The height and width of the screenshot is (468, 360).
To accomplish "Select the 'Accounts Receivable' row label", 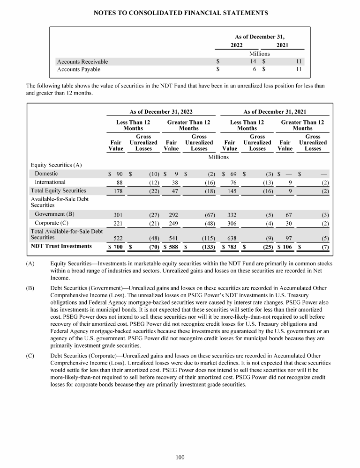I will point(82,62).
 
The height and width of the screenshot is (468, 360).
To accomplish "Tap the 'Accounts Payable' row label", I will point(78,70).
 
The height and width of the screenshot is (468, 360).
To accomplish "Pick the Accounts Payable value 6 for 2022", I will point(254,70).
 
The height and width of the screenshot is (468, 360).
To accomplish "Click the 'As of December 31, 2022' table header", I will point(161,112).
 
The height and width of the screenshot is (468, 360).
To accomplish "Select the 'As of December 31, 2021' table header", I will point(275,112).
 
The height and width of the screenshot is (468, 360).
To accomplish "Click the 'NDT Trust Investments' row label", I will point(61,246).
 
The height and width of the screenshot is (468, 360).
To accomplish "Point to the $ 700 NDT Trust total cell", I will point(115,246).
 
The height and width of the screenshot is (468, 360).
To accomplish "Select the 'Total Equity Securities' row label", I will point(58,190).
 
